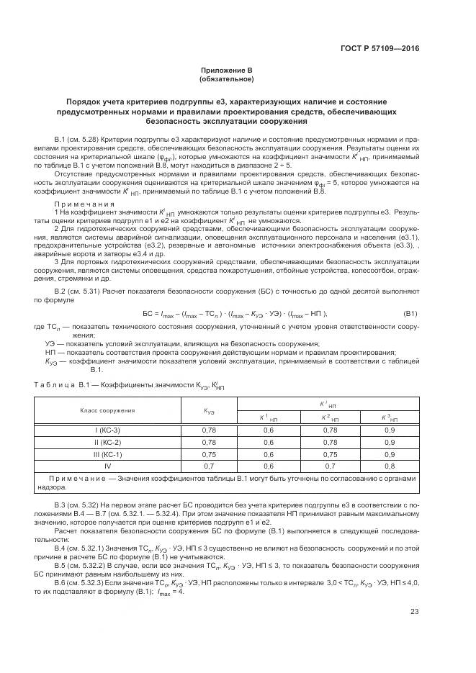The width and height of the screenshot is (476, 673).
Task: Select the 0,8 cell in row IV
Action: click(388, 466)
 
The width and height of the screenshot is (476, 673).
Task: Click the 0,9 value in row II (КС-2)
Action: click(388, 442)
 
